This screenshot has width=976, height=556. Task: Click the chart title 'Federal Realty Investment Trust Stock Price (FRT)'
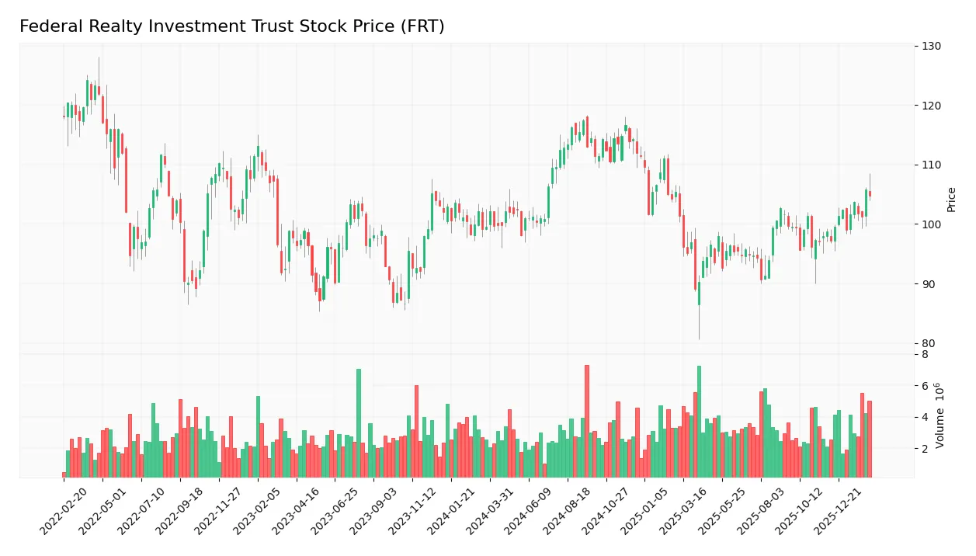231,26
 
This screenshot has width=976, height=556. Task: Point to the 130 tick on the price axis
932,46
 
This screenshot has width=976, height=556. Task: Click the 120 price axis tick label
932,106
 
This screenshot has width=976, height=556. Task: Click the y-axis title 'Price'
951,200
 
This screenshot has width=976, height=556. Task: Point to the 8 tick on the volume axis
925,355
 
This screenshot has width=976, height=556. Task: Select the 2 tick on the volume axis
925,449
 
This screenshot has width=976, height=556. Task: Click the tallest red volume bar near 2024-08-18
587,421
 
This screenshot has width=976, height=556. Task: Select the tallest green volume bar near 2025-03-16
699,422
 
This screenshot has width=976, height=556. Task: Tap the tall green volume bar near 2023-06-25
359,423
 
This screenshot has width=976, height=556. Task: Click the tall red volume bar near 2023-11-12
416,431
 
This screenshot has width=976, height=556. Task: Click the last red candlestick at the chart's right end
870,193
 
